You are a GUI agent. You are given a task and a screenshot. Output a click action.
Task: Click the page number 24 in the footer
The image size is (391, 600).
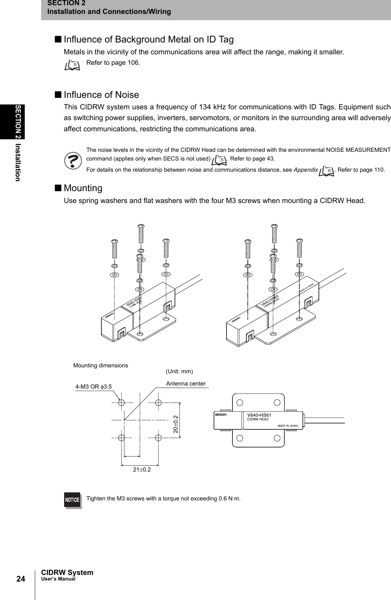(21, 579)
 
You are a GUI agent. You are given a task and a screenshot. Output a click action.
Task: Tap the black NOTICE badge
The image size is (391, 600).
(72, 500)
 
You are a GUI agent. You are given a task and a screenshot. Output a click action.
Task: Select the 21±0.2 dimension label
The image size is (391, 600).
(142, 469)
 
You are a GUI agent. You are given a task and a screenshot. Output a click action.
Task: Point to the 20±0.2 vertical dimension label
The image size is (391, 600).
(175, 424)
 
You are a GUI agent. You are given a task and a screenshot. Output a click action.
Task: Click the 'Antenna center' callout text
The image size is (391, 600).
(186, 384)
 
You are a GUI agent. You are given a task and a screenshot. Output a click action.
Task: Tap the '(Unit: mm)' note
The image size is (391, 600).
(179, 372)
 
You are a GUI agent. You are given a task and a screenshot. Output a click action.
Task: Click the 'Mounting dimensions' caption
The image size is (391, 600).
(101, 365)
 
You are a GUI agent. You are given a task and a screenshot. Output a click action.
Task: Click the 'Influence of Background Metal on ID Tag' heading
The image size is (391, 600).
(148, 39)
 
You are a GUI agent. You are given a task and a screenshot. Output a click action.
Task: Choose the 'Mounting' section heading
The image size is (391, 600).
(83, 188)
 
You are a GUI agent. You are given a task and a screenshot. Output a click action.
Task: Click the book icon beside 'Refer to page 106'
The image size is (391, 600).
(72, 65)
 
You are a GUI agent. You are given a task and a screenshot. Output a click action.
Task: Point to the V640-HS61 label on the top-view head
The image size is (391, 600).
(259, 415)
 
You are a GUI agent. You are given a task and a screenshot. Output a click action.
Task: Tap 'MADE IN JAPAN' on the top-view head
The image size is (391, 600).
(287, 426)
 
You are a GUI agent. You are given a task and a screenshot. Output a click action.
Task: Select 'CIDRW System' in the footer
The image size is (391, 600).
(67, 572)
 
